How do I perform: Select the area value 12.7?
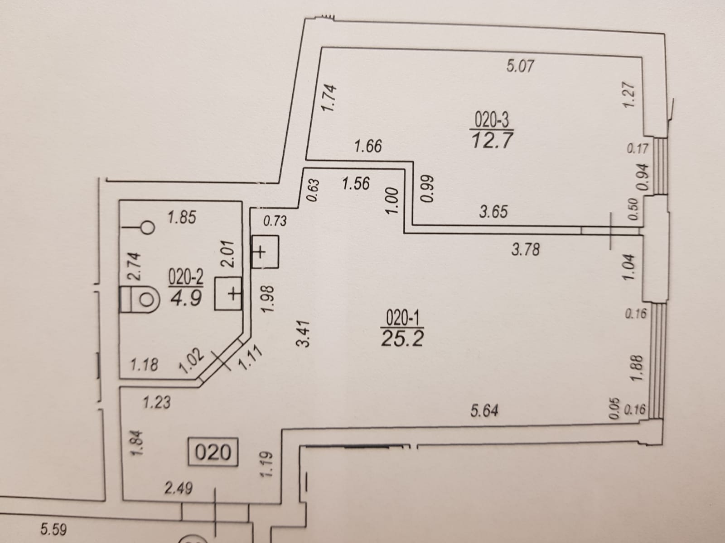pyautogui.click(x=492, y=140)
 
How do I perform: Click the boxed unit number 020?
pyautogui.click(x=213, y=452)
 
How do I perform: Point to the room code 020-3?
pyautogui.click(x=492, y=121)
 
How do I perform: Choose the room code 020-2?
pyautogui.click(x=186, y=277)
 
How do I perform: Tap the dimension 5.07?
pyautogui.click(x=520, y=66)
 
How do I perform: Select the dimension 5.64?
pyautogui.click(x=484, y=410)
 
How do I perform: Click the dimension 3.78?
pyautogui.click(x=525, y=249)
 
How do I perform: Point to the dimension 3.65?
pyautogui.click(x=493, y=211)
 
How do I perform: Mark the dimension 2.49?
pyautogui.click(x=178, y=488)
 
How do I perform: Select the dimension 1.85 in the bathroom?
pyautogui.click(x=182, y=218)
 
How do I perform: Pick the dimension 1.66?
pyautogui.click(x=367, y=146)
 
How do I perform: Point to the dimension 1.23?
pyautogui.click(x=157, y=402)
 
